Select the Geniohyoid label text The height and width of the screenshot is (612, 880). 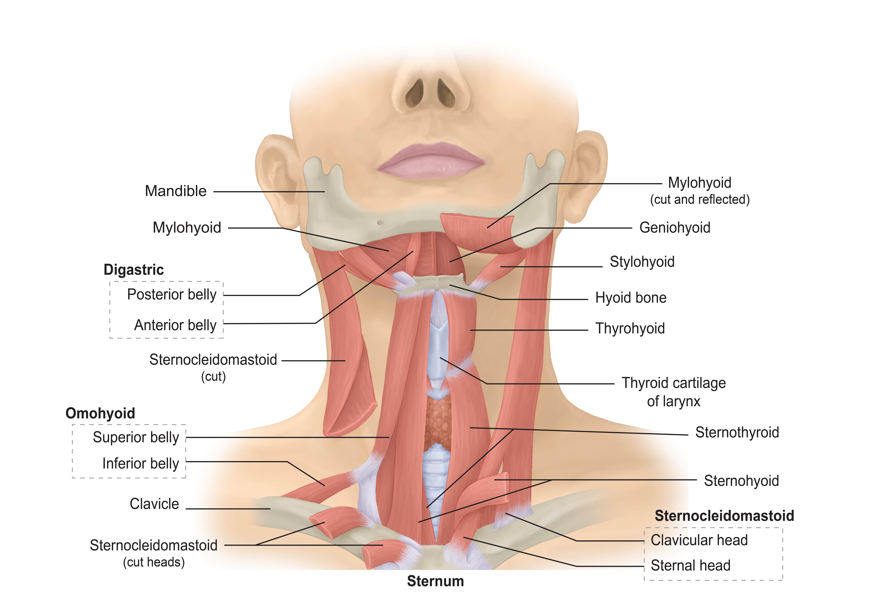point(675,228)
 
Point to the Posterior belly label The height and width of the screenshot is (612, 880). point(172,295)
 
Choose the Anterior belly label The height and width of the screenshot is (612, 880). point(175,325)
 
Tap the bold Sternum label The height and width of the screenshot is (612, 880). point(435,581)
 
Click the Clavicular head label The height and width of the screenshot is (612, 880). point(699,540)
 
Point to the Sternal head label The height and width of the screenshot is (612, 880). point(690,566)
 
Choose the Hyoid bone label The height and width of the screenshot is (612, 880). point(631,298)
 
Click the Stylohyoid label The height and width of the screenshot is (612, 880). point(642,262)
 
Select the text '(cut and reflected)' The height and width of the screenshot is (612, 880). point(699,200)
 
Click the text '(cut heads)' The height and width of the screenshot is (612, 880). point(154,563)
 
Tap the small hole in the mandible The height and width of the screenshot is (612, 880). point(380,222)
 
